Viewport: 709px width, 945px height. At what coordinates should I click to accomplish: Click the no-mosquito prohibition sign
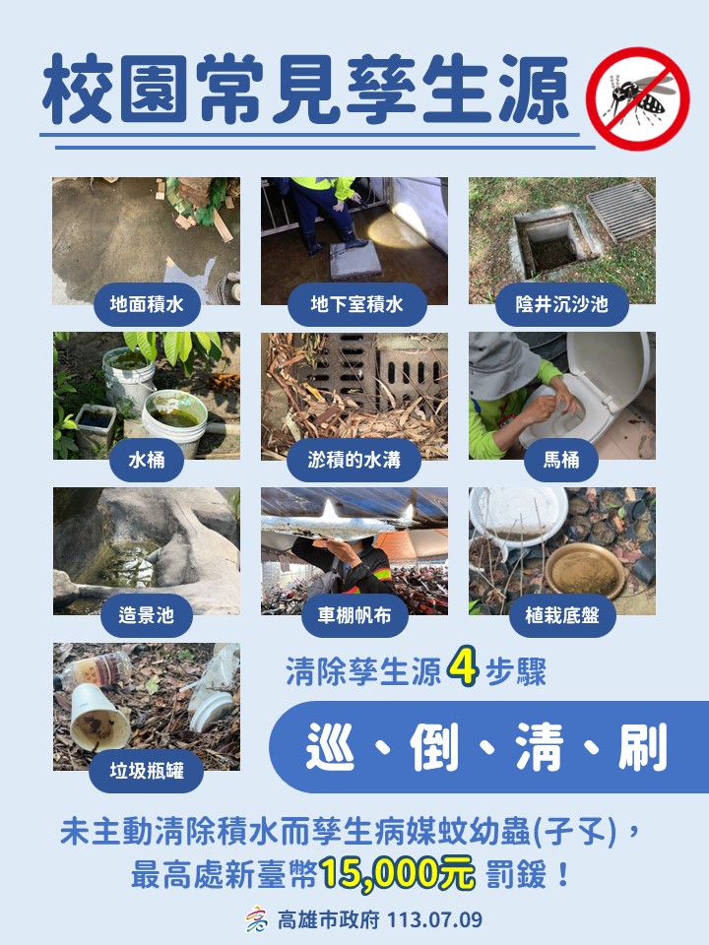[638, 98]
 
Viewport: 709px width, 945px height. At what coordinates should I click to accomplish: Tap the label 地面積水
[147, 304]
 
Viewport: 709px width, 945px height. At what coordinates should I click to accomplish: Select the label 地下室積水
[356, 304]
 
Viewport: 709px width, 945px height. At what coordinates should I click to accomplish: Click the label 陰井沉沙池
[562, 304]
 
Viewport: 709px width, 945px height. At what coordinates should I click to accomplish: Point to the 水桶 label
[147, 461]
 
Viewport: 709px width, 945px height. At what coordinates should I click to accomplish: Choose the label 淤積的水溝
[354, 461]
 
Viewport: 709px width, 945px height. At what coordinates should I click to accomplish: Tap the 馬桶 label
[561, 461]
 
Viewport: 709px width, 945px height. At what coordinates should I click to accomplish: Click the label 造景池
[147, 615]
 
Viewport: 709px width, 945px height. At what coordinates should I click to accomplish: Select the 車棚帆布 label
[354, 615]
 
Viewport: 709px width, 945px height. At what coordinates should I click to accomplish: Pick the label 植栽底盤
[562, 615]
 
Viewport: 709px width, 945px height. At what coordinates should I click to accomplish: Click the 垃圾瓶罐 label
[147, 772]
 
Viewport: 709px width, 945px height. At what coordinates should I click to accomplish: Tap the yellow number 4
[463, 666]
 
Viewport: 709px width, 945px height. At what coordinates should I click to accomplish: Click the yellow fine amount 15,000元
[398, 873]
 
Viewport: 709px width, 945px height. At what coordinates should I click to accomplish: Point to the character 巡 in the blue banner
[330, 747]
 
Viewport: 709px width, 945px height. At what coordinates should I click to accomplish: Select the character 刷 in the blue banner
[643, 747]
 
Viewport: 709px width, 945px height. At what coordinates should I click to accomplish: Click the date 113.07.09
[434, 920]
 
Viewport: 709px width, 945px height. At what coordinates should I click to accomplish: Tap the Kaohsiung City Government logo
[257, 919]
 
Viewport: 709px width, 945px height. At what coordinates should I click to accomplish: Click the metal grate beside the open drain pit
[621, 211]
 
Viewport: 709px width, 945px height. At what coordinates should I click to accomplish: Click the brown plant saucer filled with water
[585, 570]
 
